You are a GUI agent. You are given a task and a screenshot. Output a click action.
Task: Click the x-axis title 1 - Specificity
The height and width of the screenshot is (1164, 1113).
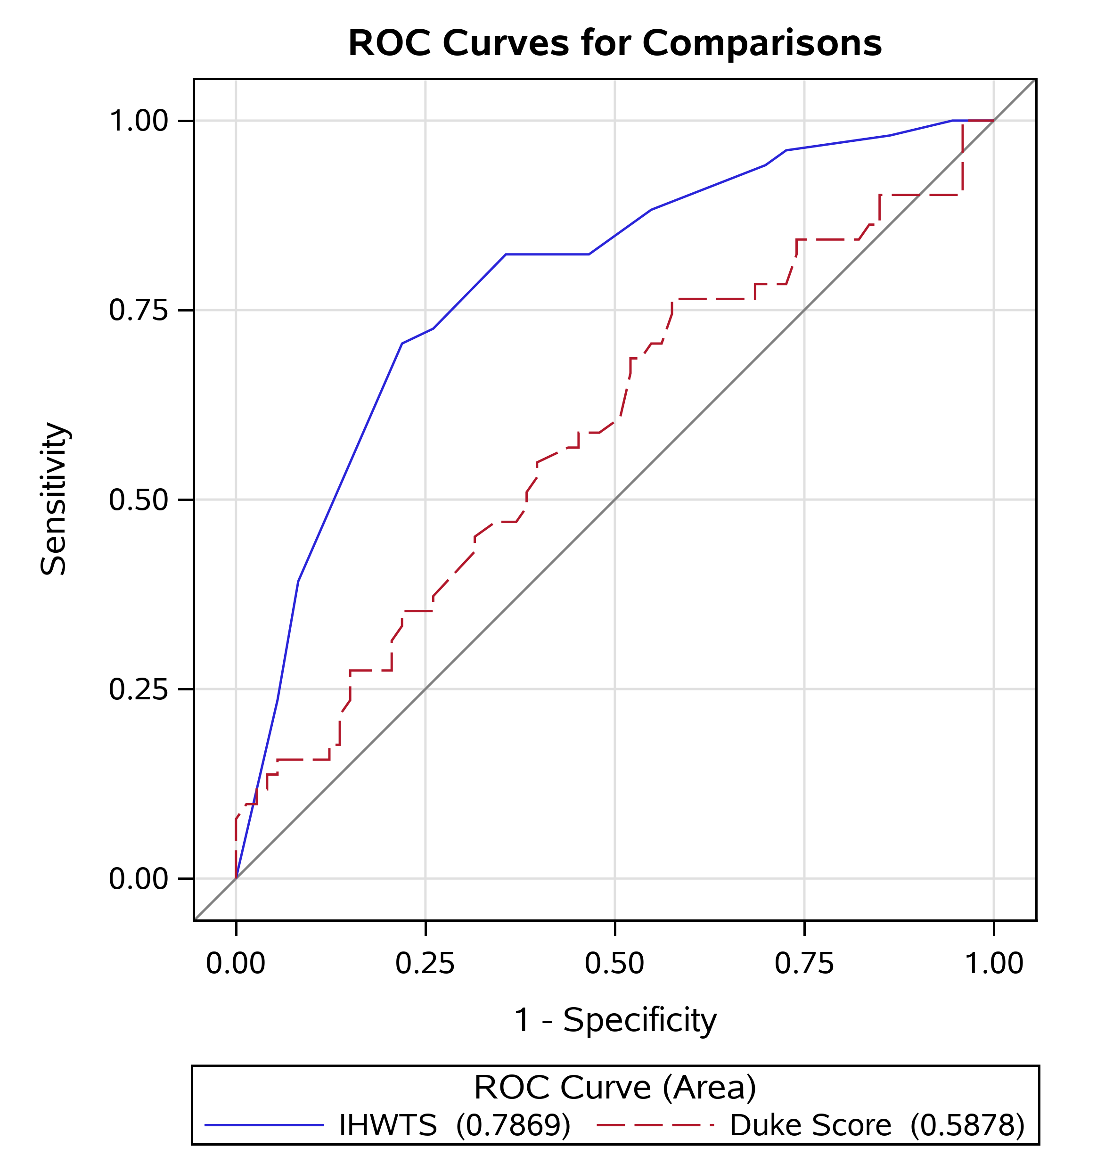[x=615, y=1020]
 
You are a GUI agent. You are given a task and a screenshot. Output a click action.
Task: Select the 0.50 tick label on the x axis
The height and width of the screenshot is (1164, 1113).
[x=614, y=963]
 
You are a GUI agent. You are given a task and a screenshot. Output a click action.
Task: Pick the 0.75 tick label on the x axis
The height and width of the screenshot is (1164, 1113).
[x=804, y=963]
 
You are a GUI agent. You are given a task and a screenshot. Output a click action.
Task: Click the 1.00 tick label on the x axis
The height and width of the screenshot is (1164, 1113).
[x=994, y=963]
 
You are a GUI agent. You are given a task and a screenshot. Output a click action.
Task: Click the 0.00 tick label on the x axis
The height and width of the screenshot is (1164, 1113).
[x=236, y=963]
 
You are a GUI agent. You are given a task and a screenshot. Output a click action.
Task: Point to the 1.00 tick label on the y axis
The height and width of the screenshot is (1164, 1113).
[x=139, y=121]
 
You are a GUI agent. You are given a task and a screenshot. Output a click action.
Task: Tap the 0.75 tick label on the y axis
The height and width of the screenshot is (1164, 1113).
[x=139, y=310]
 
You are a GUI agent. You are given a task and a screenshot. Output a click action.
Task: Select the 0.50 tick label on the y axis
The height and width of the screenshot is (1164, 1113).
[x=139, y=500]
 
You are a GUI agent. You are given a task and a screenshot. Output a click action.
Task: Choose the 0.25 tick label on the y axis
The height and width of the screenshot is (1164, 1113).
[x=139, y=689]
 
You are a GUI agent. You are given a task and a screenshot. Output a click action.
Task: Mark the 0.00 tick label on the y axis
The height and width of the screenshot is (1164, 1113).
[x=139, y=878]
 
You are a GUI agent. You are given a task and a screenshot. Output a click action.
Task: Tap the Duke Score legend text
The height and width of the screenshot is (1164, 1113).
[x=810, y=1125]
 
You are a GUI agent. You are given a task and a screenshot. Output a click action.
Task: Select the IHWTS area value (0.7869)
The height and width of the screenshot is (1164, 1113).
[x=513, y=1125]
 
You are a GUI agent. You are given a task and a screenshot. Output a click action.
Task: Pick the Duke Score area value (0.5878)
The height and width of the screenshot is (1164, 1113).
[x=968, y=1125]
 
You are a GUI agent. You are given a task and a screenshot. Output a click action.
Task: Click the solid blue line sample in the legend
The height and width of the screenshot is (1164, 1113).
[x=265, y=1125]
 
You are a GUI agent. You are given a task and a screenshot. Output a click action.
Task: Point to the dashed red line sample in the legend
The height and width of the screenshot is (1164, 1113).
[x=655, y=1125]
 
